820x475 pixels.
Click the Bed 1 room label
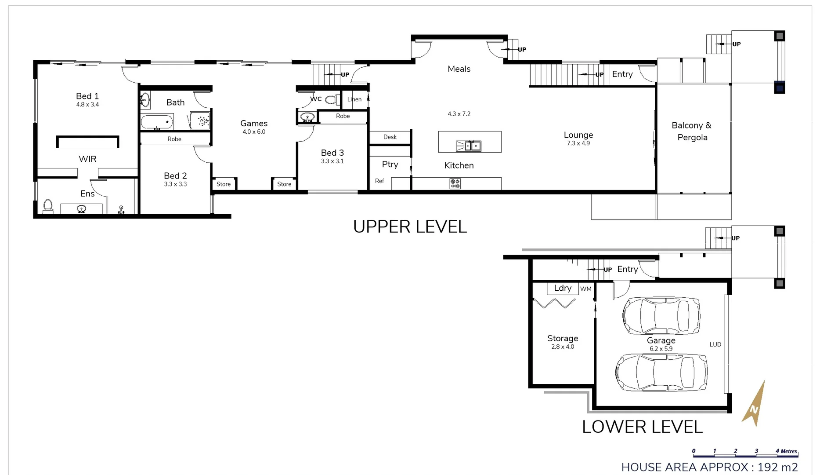(87, 96)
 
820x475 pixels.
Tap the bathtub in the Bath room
(157, 121)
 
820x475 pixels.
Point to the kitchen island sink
(469, 146)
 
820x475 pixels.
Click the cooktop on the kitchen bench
(455, 184)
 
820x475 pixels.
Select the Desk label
(390, 137)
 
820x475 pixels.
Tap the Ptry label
(390, 164)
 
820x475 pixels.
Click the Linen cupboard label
(354, 99)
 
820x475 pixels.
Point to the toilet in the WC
(332, 100)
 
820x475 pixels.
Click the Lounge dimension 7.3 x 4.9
(578, 143)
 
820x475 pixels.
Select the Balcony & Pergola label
(692, 131)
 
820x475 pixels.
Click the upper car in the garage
(661, 315)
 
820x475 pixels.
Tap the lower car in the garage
(661, 372)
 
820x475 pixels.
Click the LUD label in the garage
(715, 344)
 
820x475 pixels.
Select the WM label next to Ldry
(585, 289)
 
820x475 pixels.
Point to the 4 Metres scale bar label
(786, 451)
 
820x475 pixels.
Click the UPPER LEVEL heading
(409, 227)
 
